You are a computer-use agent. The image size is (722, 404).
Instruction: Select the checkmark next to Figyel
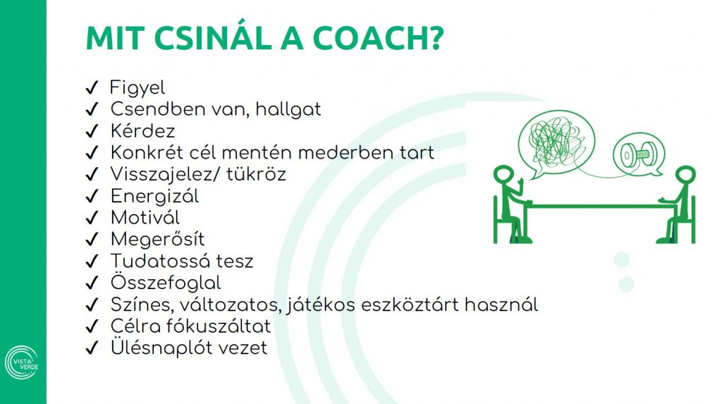(91, 88)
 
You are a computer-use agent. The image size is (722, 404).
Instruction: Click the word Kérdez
(142, 131)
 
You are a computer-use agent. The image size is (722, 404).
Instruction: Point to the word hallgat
(288, 110)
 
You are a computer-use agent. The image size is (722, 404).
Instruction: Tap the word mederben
(357, 152)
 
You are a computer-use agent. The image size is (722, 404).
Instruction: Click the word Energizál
(154, 196)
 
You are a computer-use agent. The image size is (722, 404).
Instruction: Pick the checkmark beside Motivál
(91, 218)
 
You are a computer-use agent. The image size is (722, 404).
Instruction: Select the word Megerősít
(157, 239)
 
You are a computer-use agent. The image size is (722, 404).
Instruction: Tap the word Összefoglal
(166, 283)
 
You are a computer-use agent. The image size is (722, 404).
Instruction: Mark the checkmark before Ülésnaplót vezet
(91, 348)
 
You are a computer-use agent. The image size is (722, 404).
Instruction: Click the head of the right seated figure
(685, 175)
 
